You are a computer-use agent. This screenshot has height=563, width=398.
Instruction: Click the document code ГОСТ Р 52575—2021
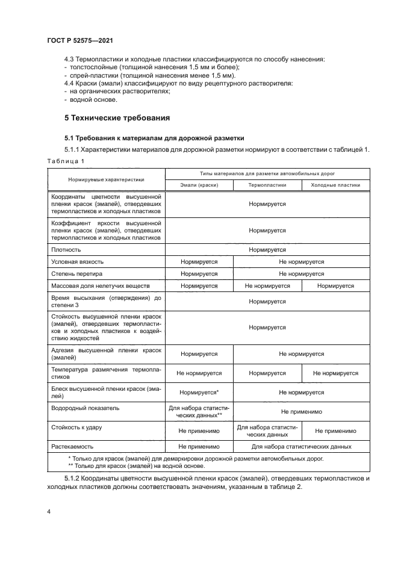click(x=80, y=40)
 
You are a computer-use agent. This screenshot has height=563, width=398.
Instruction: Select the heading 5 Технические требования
click(x=117, y=117)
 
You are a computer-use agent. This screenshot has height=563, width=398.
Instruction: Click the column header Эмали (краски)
click(x=199, y=185)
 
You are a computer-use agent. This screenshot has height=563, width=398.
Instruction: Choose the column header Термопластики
click(x=267, y=185)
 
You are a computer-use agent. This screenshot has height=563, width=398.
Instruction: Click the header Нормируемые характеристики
click(x=107, y=179)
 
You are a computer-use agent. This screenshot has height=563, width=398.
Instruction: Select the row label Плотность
click(x=66, y=249)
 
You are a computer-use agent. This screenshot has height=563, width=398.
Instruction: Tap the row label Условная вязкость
click(x=78, y=262)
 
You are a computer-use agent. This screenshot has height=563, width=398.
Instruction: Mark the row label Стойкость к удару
click(x=76, y=427)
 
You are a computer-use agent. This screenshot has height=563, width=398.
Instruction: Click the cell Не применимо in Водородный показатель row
click(x=302, y=412)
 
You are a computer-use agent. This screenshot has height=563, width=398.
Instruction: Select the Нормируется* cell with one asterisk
click(x=199, y=393)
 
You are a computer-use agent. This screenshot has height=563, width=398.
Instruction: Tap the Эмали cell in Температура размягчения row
click(x=199, y=373)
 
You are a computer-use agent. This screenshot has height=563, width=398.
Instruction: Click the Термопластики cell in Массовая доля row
click(x=267, y=286)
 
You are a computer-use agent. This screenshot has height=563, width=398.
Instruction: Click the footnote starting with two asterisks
click(x=136, y=465)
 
